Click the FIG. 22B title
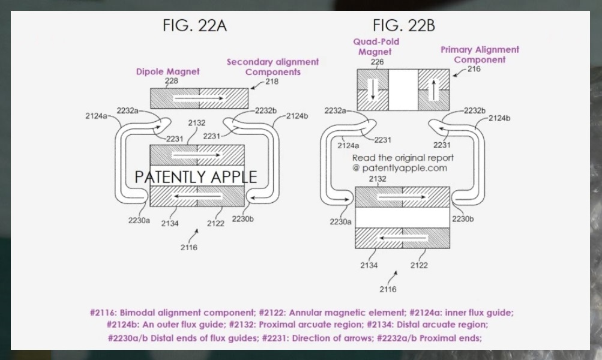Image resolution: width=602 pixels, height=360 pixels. pos(403,26)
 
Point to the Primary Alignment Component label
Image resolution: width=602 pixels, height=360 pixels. pos(480,55)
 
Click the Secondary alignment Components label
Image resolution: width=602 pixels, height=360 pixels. pos(272,67)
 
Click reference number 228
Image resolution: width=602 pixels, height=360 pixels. pos(171,80)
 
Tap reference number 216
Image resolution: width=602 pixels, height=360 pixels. pos(474,70)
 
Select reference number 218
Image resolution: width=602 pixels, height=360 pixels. pos(271,81)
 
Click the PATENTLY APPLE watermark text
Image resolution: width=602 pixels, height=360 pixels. pos(196,177)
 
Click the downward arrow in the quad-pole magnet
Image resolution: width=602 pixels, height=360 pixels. pos(373,89)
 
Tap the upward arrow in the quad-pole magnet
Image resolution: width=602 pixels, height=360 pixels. pos(433,89)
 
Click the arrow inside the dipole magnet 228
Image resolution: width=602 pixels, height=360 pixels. pos(198,97)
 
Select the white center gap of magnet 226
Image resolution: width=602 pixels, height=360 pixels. pos(403,89)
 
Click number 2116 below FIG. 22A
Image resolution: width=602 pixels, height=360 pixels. pos(189,247)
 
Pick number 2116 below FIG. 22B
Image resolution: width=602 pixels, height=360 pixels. pos(388,289)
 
